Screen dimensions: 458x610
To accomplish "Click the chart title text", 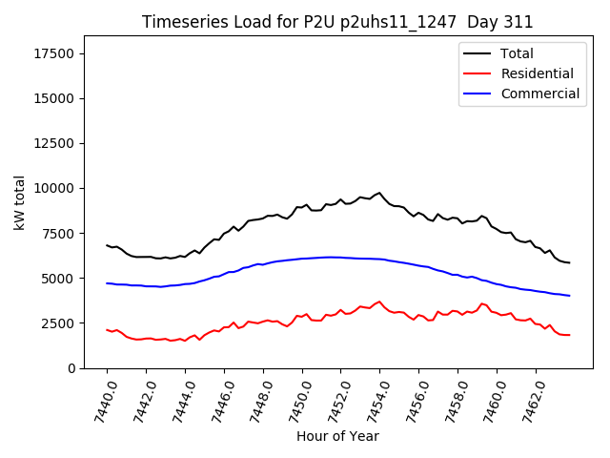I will [x=337, y=22].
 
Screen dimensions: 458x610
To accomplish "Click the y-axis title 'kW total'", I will [x=20, y=202].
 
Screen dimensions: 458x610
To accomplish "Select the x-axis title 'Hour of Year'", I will [x=337, y=436].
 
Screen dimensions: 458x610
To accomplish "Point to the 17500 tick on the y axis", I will [x=53, y=53].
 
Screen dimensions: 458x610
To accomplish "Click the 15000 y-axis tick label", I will [x=53, y=98].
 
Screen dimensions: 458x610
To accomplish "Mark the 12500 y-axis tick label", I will [x=53, y=143].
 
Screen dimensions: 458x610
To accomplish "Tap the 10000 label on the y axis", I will [x=53, y=188].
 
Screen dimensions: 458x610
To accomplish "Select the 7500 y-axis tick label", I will [x=57, y=234].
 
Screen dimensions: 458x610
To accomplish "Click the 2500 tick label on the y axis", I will [x=57, y=323].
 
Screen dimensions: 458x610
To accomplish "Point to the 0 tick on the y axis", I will [x=71, y=368].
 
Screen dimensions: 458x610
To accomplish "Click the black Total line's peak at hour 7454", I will [x=379, y=193].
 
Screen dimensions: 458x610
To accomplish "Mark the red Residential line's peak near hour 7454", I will [x=379, y=302].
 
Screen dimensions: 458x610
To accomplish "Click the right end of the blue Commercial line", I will [x=569, y=296].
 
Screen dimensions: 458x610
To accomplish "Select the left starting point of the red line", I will [x=107, y=330].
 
